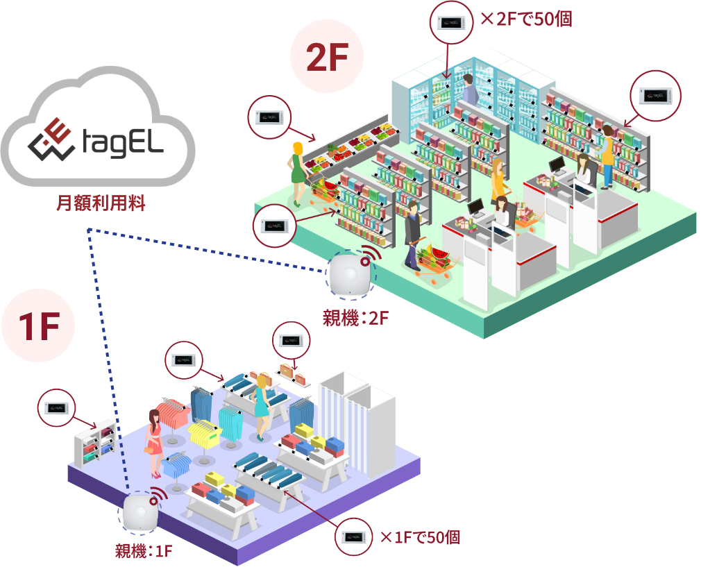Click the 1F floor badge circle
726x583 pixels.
38,326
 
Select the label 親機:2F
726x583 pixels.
355,319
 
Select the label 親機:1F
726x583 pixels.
143,552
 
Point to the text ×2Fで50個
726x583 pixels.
526,19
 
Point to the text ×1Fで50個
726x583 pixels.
419,537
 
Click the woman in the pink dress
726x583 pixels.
153,440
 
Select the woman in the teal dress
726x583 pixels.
262,406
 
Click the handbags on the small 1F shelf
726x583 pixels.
294,374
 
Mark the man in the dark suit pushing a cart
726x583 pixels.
412,233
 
